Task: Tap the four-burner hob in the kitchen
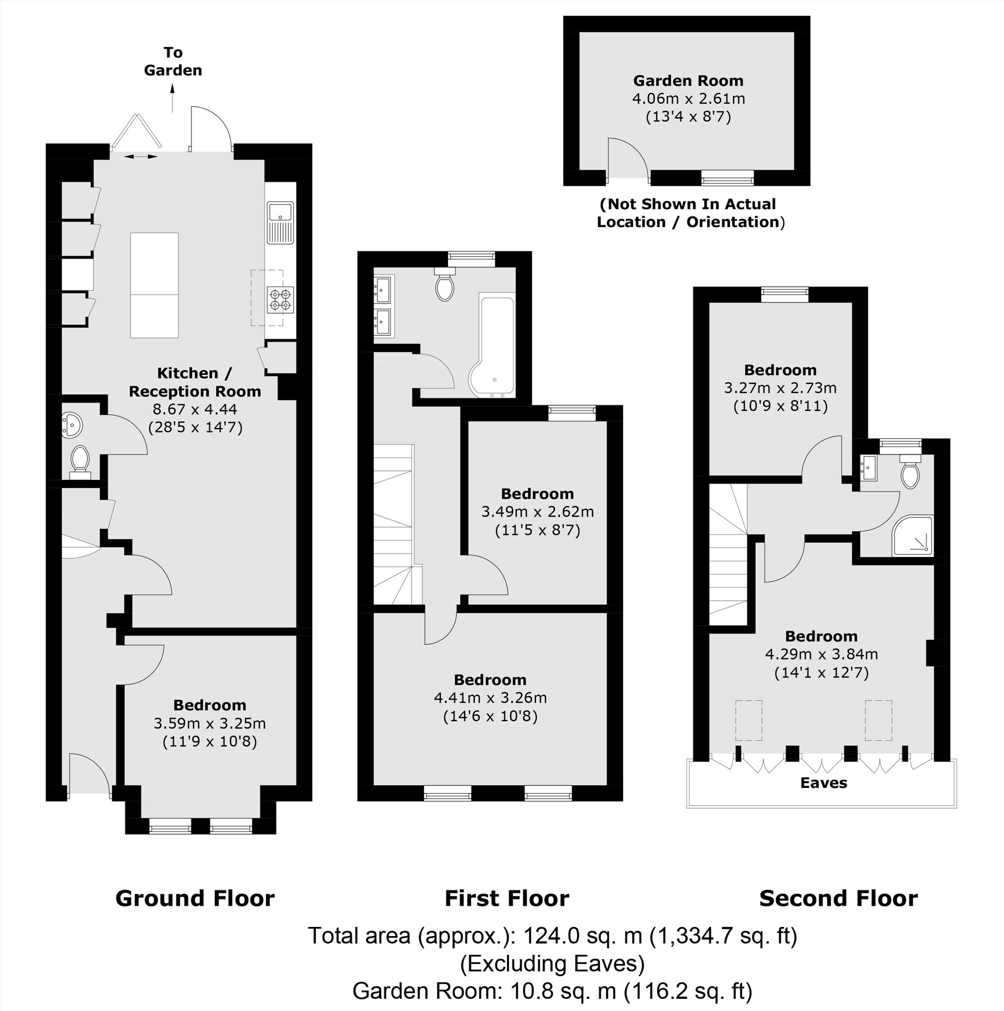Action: coord(280,300)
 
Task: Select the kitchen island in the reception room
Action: coord(154,285)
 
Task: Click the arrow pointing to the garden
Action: coord(173,99)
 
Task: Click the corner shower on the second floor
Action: coord(912,536)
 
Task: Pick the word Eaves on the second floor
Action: coord(824,783)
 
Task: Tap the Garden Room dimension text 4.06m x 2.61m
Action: coord(689,99)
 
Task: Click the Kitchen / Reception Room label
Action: coord(195,382)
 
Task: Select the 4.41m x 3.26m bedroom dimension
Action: coord(490,697)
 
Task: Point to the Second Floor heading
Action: coord(838,898)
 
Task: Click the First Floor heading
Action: coord(507,898)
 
